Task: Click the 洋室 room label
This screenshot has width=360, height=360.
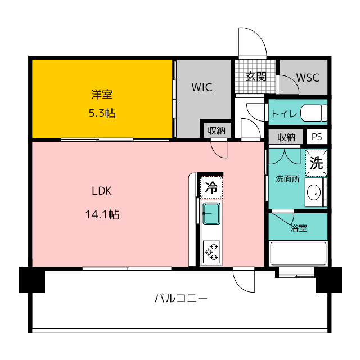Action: (x=102, y=94)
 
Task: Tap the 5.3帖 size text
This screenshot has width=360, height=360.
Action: (x=102, y=113)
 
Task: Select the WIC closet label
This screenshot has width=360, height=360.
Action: (x=202, y=87)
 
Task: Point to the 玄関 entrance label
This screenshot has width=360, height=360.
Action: (x=256, y=76)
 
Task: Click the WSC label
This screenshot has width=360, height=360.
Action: (x=308, y=78)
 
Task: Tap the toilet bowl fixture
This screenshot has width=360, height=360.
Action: (x=314, y=112)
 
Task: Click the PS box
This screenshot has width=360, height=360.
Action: (x=317, y=137)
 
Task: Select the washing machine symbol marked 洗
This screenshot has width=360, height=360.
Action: (x=316, y=163)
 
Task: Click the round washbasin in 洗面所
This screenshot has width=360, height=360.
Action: (x=314, y=193)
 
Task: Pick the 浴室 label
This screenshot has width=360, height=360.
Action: (x=299, y=228)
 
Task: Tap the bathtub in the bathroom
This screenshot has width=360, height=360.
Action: (x=298, y=254)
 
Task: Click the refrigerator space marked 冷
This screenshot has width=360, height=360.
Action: (x=211, y=187)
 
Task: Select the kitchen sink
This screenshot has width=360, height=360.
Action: (x=211, y=214)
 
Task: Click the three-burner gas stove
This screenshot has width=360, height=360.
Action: (x=211, y=252)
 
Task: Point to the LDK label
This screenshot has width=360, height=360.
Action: (x=102, y=191)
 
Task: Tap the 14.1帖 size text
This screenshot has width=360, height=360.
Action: (x=102, y=214)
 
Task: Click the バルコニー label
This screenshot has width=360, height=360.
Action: (x=181, y=298)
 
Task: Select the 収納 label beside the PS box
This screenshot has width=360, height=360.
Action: (x=286, y=137)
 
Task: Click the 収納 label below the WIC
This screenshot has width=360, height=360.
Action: (x=216, y=130)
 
